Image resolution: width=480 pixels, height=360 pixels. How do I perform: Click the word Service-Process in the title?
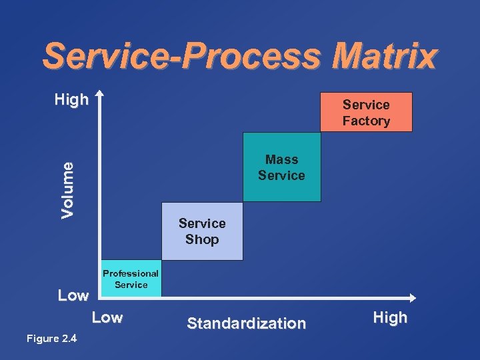(182, 57)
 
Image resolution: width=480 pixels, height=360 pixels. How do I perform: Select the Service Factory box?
(366, 112)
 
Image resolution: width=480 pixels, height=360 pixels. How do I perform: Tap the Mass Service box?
(281, 167)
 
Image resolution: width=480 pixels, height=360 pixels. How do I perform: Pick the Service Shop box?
(202, 231)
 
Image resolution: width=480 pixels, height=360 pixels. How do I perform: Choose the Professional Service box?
(131, 279)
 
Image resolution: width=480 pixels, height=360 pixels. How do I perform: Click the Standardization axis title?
(246, 324)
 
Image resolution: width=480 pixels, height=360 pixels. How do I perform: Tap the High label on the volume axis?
(71, 101)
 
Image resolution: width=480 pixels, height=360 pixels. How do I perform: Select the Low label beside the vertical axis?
(73, 295)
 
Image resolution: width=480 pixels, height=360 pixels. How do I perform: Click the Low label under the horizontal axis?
(107, 318)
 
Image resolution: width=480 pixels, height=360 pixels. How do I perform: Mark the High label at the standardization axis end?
(390, 318)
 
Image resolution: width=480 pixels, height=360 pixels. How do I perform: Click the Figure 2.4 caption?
(51, 339)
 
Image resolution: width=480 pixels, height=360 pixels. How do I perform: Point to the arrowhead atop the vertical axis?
(99, 94)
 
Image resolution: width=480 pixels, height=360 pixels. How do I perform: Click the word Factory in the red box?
(366, 121)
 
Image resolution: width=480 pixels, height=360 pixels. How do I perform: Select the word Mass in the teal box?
(281, 159)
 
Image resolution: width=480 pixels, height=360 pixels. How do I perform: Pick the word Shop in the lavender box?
(202, 239)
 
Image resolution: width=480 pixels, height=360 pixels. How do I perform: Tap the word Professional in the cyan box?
(131, 273)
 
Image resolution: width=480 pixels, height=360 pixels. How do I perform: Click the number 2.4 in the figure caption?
(69, 339)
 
